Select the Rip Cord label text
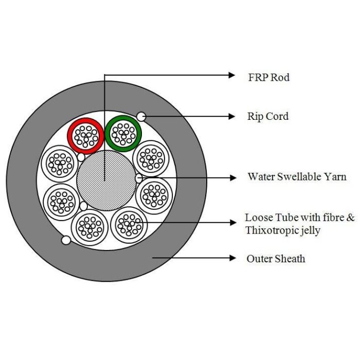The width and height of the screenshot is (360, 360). (x=267, y=116)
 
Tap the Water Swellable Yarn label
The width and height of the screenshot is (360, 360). (x=297, y=177)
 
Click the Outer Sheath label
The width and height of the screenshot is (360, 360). (x=275, y=258)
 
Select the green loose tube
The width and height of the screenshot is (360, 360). (x=123, y=133)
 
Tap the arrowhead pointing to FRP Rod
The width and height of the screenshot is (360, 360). (x=231, y=75)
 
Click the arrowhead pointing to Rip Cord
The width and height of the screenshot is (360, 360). (x=231, y=116)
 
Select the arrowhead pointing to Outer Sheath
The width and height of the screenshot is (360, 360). (x=231, y=257)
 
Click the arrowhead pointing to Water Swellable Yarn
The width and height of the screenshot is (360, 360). (x=231, y=178)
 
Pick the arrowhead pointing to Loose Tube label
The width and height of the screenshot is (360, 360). (x=231, y=222)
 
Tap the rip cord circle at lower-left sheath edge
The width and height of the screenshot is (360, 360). (x=65, y=240)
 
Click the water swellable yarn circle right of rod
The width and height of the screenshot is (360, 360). (x=139, y=178)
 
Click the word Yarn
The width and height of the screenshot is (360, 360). (x=336, y=177)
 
